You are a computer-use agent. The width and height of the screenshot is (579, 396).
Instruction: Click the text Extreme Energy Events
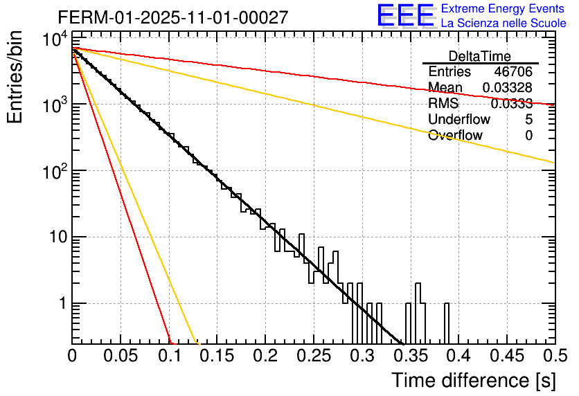point(504,9)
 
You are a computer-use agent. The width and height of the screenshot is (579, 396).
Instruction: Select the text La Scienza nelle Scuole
point(504,24)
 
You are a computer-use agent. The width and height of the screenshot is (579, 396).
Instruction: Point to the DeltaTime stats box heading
point(480,56)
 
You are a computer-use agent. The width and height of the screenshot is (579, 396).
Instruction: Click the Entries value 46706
point(513,72)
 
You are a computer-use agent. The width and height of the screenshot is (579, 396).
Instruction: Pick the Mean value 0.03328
point(507,88)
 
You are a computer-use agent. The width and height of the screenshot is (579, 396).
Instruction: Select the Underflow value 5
point(528,120)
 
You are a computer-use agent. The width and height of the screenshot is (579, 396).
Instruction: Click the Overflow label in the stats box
point(455,136)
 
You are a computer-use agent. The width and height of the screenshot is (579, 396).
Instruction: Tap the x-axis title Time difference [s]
point(472,380)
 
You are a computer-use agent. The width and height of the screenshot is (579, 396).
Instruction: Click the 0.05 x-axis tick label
point(121,357)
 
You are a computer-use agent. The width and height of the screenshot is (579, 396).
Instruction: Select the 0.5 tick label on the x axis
point(554,357)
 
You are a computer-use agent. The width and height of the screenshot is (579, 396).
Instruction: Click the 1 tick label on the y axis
point(60,304)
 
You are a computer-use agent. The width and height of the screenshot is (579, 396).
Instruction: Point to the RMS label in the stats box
point(443,104)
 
